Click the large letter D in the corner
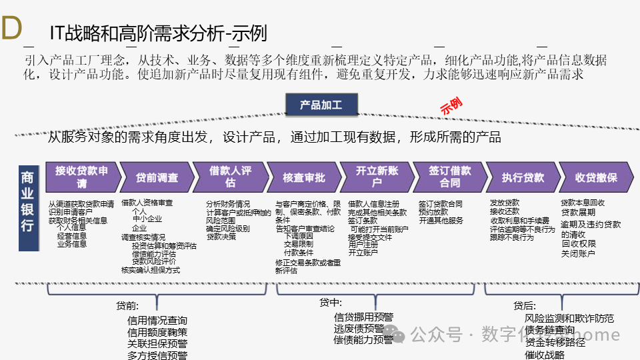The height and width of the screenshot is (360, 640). point(12,29)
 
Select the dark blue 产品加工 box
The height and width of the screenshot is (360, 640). point(321,105)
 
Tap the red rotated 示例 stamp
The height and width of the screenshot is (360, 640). point(451,105)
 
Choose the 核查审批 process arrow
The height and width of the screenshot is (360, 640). point(304,178)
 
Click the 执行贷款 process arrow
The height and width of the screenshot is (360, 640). point(523,178)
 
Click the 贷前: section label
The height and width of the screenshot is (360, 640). point(127,306)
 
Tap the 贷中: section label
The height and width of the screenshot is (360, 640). point(330,303)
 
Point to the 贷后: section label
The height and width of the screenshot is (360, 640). point(525,306)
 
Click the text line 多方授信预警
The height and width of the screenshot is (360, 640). point(157,355)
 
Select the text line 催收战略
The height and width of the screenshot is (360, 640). point(545,355)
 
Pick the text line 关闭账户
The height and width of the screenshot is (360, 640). point(578,253)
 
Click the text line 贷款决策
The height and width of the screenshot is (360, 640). point(221,236)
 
